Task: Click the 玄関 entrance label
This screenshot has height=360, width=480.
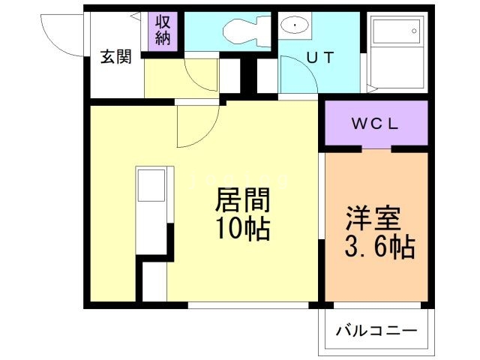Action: [x=118, y=57]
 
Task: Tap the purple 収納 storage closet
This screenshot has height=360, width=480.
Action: [x=163, y=31]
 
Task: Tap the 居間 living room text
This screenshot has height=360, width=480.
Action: [x=242, y=201]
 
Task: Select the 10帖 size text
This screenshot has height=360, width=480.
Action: [x=242, y=229]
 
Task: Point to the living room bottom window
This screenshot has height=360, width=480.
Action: [x=247, y=304]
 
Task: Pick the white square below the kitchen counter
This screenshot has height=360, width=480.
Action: [x=154, y=280]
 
